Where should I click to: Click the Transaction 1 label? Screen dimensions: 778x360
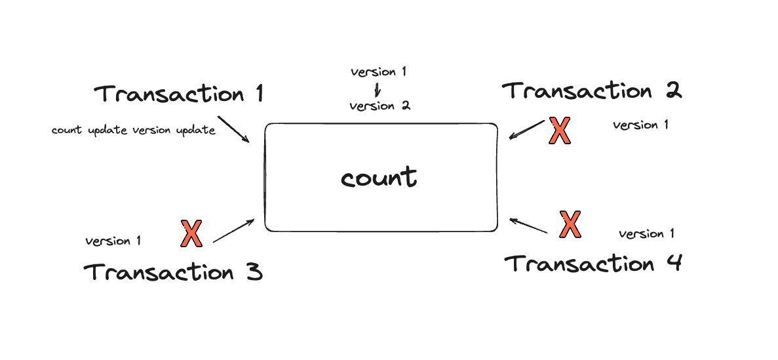(179, 93)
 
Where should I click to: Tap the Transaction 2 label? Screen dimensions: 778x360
(592, 91)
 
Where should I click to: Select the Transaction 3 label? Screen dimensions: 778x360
(172, 272)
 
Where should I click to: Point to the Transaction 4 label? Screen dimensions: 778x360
(593, 263)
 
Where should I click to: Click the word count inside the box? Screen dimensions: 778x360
(379, 178)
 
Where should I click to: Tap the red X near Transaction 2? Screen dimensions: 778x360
(560, 131)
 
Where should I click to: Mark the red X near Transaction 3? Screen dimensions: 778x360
(191, 233)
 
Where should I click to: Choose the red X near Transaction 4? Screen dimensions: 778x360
(570, 224)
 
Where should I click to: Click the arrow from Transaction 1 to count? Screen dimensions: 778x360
(234, 130)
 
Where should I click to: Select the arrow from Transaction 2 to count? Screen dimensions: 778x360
(526, 130)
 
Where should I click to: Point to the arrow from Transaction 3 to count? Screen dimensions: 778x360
(234, 231)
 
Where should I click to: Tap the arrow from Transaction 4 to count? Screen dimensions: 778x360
(528, 226)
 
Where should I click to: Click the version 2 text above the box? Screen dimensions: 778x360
(380, 106)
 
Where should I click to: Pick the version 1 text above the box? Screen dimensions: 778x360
(378, 71)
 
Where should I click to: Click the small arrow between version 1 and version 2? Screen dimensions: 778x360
(377, 89)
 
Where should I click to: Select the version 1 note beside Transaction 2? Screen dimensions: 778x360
(640, 125)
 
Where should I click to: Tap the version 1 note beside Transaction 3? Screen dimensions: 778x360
(113, 241)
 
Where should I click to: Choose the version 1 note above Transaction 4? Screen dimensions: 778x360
(646, 233)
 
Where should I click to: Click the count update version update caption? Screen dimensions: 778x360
(134, 130)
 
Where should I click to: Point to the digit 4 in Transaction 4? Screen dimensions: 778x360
(673, 263)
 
